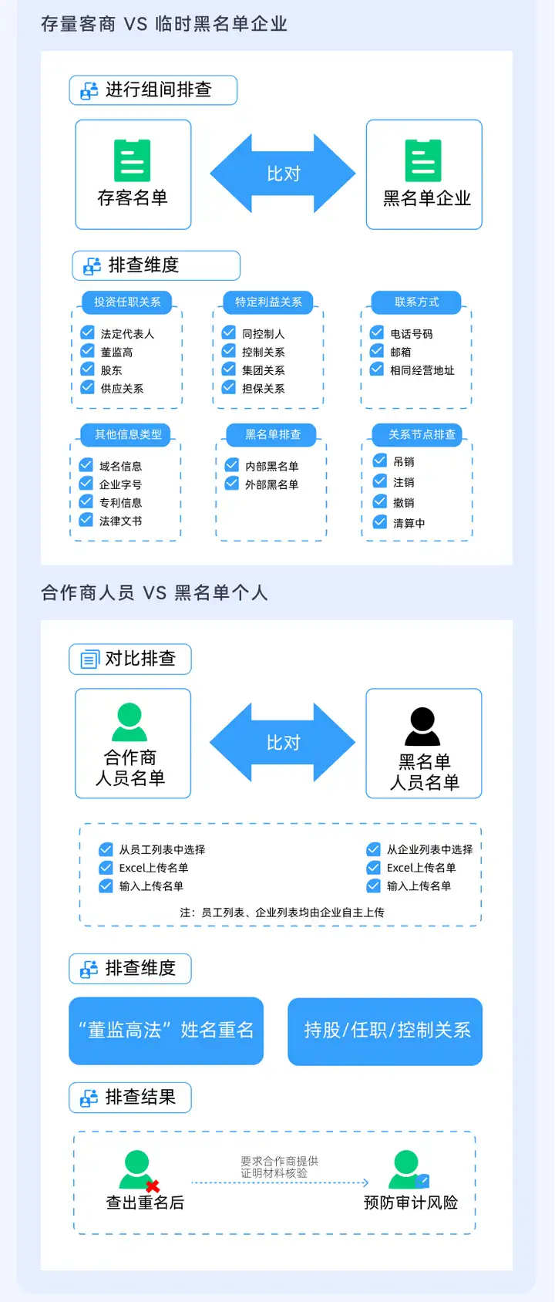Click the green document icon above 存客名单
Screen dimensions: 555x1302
tap(132, 160)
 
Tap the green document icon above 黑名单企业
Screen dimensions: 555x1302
tap(423, 160)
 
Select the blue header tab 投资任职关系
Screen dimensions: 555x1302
tap(127, 302)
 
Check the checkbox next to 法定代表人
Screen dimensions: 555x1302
tap(88, 332)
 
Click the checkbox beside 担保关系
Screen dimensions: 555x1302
tap(229, 387)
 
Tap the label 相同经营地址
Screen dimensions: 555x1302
tap(422, 370)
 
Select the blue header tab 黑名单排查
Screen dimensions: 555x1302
tap(272, 435)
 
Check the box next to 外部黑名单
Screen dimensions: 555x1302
tap(232, 484)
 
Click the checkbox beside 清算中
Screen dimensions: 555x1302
tap(380, 522)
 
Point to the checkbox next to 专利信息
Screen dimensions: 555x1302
tap(86, 502)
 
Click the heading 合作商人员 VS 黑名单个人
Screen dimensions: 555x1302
tap(154, 592)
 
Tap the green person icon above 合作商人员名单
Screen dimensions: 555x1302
tap(129, 722)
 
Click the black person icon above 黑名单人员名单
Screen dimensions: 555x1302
tap(422, 726)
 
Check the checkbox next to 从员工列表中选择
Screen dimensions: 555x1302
tap(106, 849)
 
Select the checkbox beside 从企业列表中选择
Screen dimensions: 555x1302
tap(374, 849)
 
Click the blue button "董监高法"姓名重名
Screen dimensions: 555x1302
tap(166, 1030)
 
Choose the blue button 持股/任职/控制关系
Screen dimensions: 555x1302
tap(385, 1030)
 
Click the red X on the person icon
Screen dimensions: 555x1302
tap(153, 1186)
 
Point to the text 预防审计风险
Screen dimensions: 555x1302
tap(411, 1202)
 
